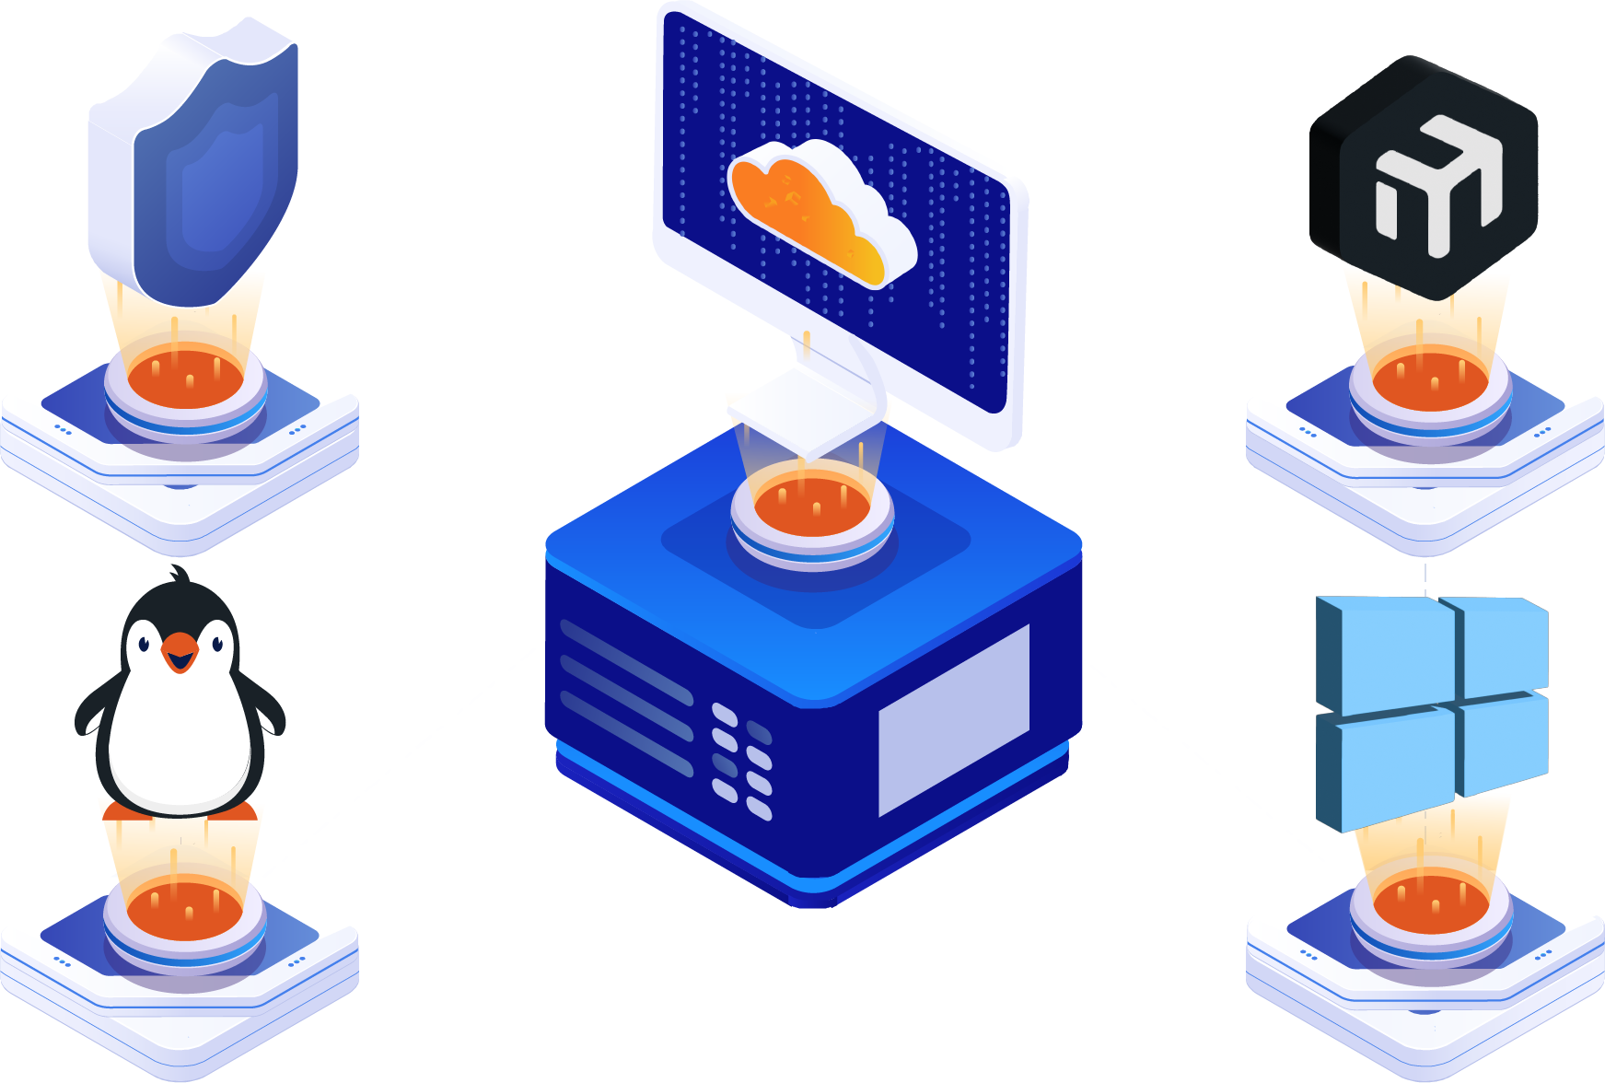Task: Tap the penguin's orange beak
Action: [x=180, y=652]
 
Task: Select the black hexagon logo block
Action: [x=1423, y=175]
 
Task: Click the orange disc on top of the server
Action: [x=812, y=507]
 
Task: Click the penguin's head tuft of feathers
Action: [x=180, y=576]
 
